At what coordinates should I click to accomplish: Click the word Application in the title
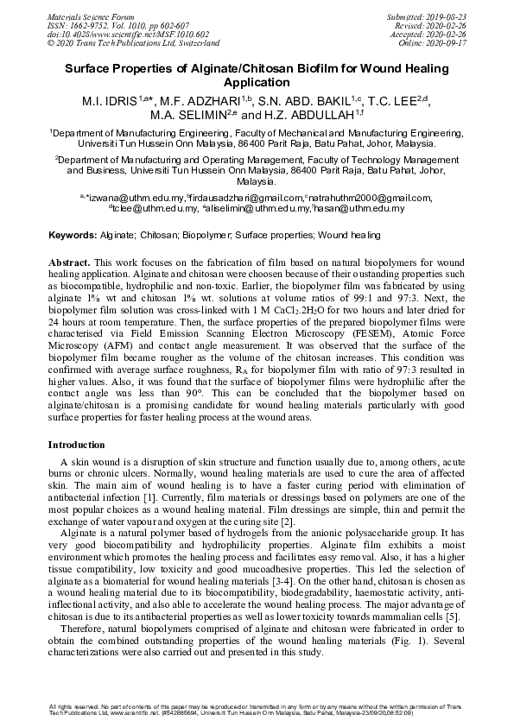pos(257,84)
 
